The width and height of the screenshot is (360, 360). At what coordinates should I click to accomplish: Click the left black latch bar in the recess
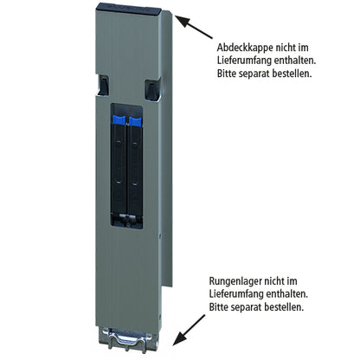(x=120, y=169)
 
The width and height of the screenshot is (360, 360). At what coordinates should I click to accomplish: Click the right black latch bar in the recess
(x=135, y=169)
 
